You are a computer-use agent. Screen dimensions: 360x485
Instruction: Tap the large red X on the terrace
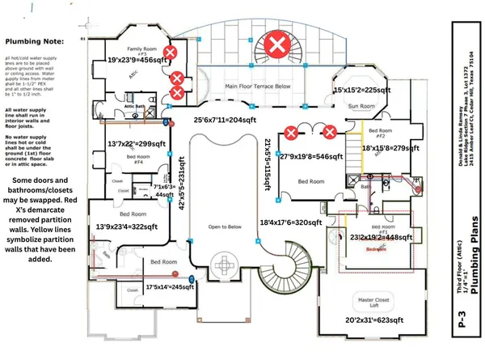tap(279, 44)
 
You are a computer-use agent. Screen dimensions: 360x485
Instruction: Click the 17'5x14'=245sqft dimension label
tap(171, 286)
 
